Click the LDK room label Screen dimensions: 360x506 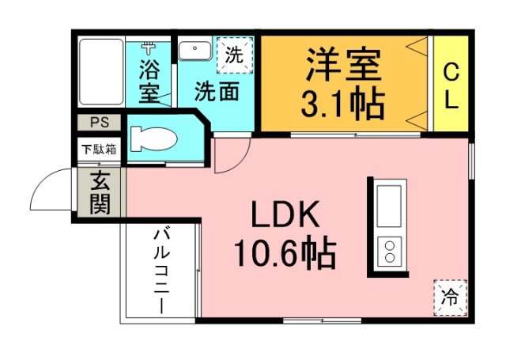(285, 215)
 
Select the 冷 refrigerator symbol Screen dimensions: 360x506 (450, 297)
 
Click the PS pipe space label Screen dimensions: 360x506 (100, 123)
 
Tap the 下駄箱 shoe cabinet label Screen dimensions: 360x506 (100, 148)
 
